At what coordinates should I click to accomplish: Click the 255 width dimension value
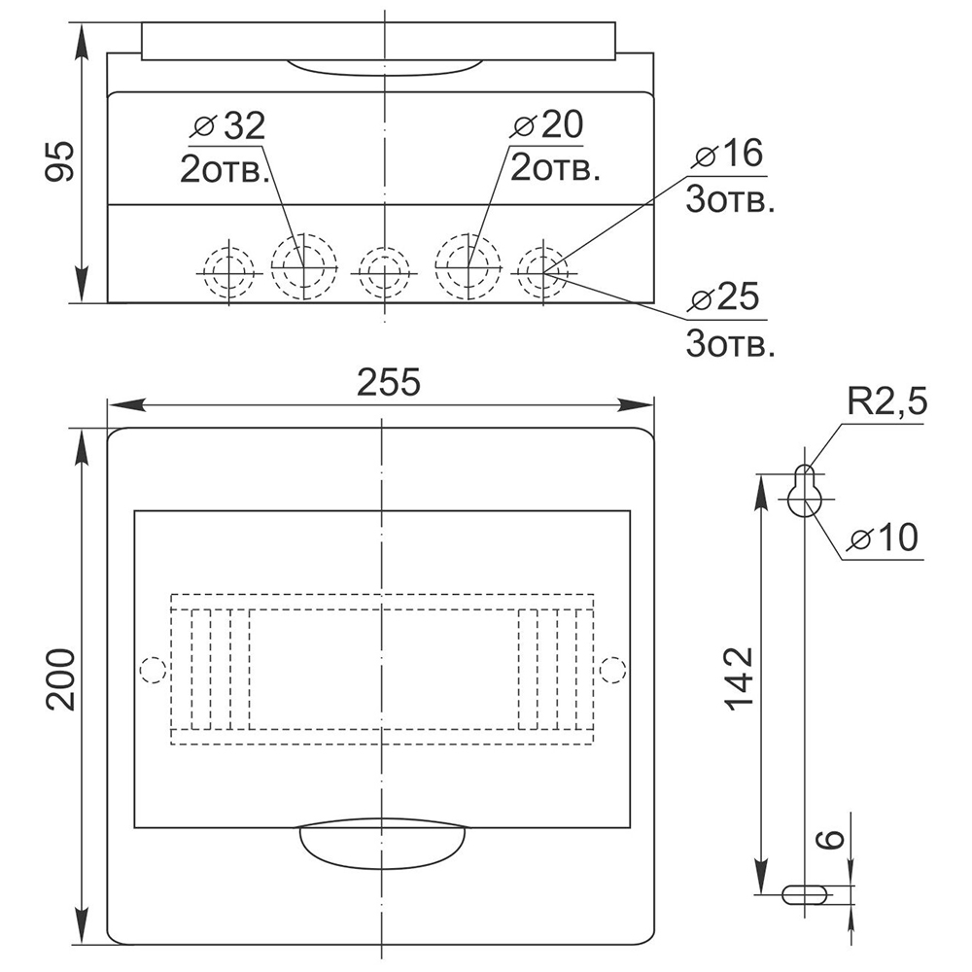point(389,382)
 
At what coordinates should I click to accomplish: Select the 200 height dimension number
point(60,680)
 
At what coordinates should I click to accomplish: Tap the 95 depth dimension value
point(59,161)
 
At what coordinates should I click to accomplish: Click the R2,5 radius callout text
point(887,401)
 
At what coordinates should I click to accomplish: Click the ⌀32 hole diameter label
point(229,125)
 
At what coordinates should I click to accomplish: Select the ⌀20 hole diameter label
point(546,124)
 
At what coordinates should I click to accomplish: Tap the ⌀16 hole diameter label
point(728,154)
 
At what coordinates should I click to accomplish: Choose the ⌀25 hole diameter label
point(723,296)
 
